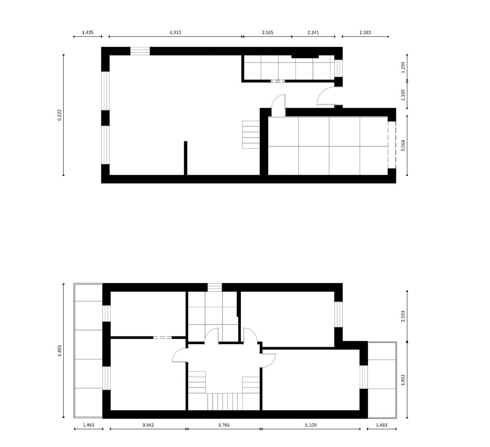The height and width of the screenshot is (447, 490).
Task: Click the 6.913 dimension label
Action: (x=176, y=33)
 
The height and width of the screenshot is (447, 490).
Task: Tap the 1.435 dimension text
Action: (x=88, y=33)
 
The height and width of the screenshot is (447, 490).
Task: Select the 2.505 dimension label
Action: (x=267, y=33)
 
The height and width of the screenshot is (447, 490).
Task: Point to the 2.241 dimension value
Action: (x=313, y=33)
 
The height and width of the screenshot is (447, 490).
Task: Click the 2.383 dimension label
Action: (x=365, y=33)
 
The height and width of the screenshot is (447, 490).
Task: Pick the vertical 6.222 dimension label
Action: (x=60, y=115)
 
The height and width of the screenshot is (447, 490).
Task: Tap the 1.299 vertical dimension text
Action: (x=403, y=67)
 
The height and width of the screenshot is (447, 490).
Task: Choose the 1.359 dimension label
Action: (x=403, y=95)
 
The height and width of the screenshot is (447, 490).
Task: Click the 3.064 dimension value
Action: (x=403, y=145)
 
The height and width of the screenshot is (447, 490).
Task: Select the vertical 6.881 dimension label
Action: (x=60, y=351)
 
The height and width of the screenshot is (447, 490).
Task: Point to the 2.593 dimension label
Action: (x=403, y=316)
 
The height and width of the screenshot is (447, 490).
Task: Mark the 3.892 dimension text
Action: (x=403, y=380)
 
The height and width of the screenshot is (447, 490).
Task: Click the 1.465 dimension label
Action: (x=89, y=425)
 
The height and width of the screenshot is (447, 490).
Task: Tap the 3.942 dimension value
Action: (x=148, y=425)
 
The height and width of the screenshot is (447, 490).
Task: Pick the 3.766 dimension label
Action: (x=224, y=425)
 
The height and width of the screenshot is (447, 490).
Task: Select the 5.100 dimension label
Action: (x=311, y=425)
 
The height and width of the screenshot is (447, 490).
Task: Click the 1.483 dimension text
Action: (x=381, y=425)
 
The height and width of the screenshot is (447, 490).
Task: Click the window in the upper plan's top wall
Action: (x=140, y=51)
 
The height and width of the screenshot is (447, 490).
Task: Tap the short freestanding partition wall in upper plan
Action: (x=186, y=158)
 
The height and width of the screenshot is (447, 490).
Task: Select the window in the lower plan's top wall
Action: (x=215, y=287)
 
